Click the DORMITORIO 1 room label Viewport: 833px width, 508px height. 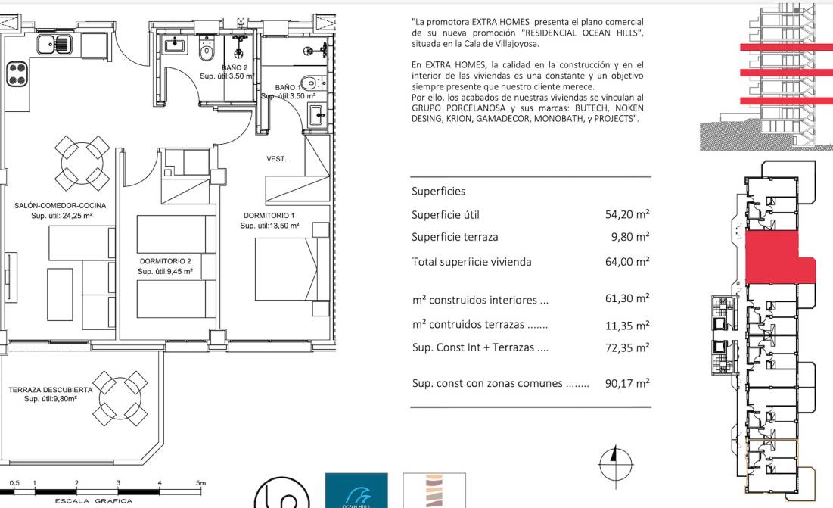[x=269, y=216]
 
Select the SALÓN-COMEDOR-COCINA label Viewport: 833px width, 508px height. [x=61, y=205]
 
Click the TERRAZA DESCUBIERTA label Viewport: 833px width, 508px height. [x=51, y=390]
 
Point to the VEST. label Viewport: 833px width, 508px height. [x=275, y=159]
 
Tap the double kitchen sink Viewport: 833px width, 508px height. [x=54, y=45]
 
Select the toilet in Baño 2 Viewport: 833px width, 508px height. [x=207, y=50]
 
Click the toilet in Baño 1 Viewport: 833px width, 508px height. [x=309, y=83]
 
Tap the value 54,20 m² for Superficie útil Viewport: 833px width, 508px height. [x=627, y=215]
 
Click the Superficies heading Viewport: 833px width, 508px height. [x=438, y=192]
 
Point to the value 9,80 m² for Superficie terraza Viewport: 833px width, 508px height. [x=630, y=237]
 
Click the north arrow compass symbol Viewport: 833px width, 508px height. [x=615, y=461]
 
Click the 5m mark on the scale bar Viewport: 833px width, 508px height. [x=200, y=482]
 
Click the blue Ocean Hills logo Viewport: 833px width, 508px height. [x=356, y=491]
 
